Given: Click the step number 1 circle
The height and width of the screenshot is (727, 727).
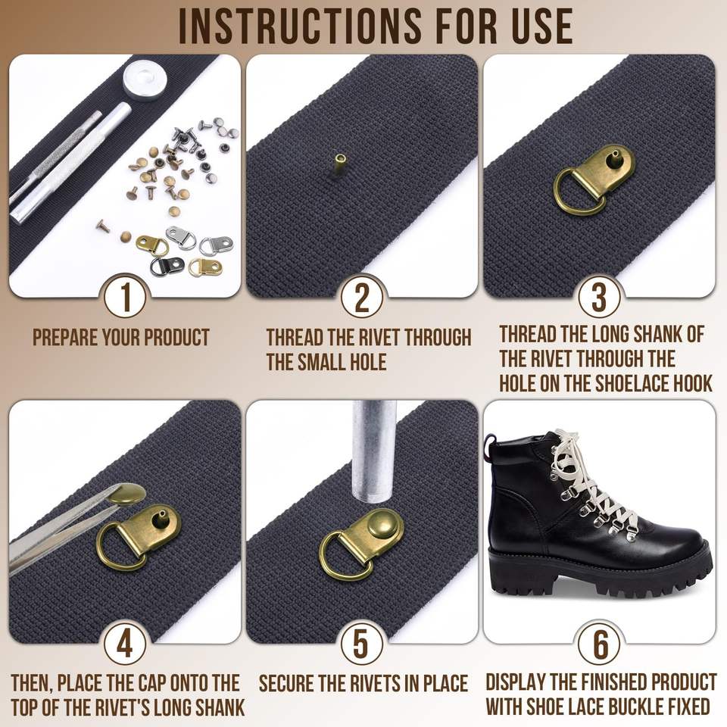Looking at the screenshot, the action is pyautogui.click(x=126, y=297).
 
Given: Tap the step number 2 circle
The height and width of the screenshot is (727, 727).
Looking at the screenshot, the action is pyautogui.click(x=362, y=297).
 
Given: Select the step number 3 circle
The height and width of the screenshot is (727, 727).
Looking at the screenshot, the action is pyautogui.click(x=599, y=297).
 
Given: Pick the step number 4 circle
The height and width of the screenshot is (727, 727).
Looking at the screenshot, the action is pyautogui.click(x=126, y=643).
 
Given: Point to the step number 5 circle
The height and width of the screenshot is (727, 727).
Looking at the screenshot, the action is pyautogui.click(x=362, y=643).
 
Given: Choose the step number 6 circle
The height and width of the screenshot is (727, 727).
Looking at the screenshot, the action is pyautogui.click(x=599, y=643).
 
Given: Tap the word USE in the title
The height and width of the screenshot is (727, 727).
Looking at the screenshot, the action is pyautogui.click(x=541, y=27).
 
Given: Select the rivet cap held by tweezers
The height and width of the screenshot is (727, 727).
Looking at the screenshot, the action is pyautogui.click(x=125, y=495).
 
